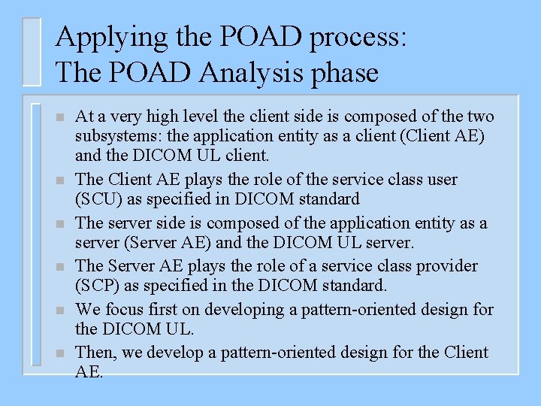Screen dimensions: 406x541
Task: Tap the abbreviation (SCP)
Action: (x=99, y=286)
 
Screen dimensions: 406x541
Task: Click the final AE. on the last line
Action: (x=89, y=371)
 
